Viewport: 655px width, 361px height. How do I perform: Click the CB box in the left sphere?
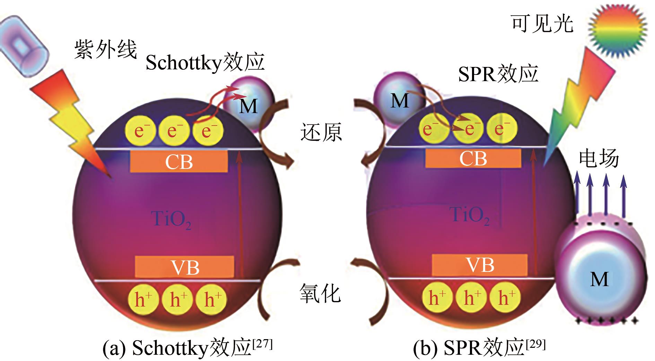pyautogui.click(x=179, y=162)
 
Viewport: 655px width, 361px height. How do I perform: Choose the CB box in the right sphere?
pyautogui.click(x=473, y=158)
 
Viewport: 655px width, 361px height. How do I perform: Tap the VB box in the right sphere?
pyautogui.click(x=480, y=265)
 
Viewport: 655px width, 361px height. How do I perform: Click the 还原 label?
pyautogui.click(x=321, y=132)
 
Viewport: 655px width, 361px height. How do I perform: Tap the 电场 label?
pyautogui.click(x=599, y=159)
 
